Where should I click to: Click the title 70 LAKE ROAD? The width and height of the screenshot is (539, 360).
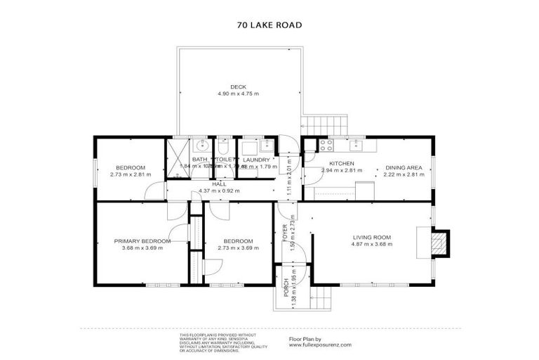[x=270, y=25]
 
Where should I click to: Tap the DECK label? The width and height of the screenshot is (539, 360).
[x=238, y=86]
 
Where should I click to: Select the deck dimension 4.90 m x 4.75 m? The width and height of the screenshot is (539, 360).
[x=238, y=94]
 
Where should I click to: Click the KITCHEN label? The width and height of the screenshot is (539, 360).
[x=342, y=163]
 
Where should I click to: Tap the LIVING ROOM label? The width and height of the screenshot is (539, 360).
[x=372, y=237]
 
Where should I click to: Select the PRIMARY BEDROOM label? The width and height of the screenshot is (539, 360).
[x=142, y=241]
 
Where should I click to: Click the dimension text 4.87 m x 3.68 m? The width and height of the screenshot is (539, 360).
[x=372, y=245]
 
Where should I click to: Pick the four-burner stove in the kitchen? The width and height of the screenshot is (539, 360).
[x=326, y=146]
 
